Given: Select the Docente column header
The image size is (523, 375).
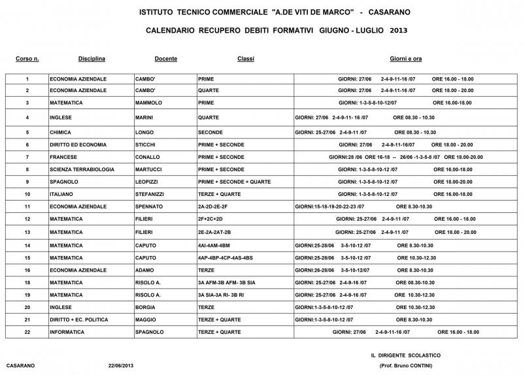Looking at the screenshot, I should [165, 59].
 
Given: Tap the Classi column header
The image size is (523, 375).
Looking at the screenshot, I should [246, 59].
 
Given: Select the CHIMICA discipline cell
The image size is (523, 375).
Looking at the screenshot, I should [61, 132].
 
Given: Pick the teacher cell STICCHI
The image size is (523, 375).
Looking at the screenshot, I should [146, 144].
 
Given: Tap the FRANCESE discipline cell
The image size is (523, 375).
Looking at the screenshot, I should [63, 157].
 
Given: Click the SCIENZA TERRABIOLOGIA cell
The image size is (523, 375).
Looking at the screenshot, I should [82, 169].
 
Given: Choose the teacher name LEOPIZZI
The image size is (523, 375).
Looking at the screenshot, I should [148, 182].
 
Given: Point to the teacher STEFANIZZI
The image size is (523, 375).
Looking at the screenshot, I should [151, 194].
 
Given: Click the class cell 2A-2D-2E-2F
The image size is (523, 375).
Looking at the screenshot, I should [213, 206].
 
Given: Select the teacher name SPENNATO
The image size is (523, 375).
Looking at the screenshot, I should [149, 206].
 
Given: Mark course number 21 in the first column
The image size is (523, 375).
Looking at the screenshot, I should [27, 319].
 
